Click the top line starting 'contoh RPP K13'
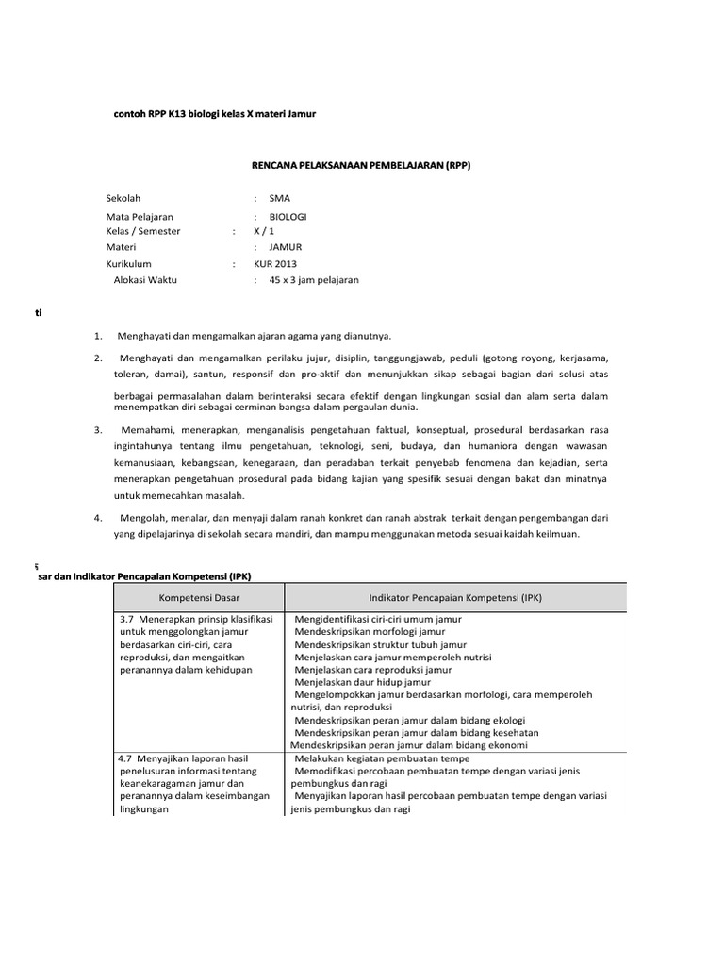point(214,114)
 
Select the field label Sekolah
point(123,198)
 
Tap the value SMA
point(280,198)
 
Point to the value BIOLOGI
point(288,216)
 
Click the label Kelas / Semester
point(143,231)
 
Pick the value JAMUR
point(285,247)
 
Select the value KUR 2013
point(274,264)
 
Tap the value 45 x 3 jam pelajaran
point(314,280)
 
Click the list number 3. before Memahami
point(98,429)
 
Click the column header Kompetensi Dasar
point(198,597)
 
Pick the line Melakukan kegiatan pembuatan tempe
point(382,758)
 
